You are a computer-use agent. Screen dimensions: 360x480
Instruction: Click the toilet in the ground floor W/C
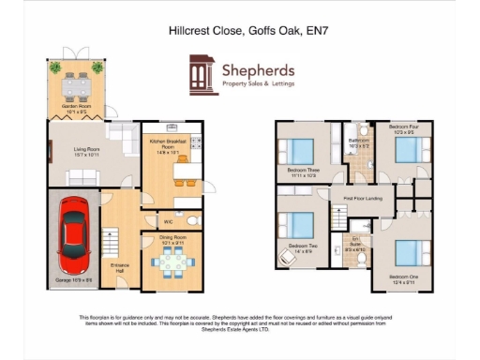click(x=191, y=220)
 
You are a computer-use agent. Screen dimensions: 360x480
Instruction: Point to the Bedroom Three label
click(x=299, y=172)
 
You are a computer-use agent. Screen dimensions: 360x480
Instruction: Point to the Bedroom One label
click(x=403, y=277)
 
